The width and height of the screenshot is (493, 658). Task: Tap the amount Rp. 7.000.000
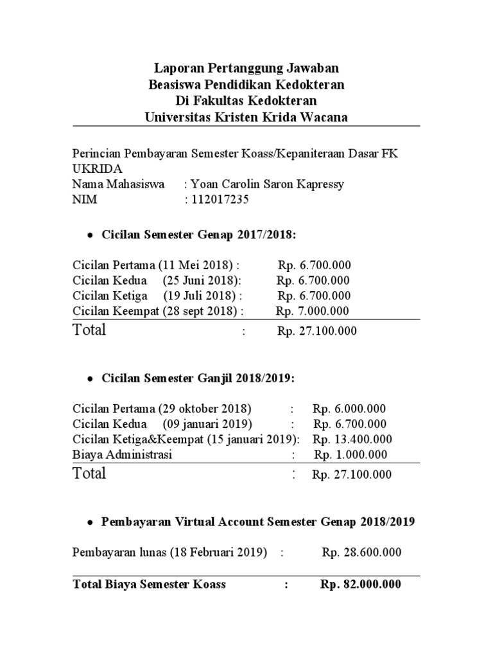(313, 311)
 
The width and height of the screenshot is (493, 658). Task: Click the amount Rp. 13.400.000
(352, 440)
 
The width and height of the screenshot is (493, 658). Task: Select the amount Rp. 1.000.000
(350, 455)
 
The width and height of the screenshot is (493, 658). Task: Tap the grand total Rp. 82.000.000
(361, 584)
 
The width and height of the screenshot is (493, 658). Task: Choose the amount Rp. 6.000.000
(350, 409)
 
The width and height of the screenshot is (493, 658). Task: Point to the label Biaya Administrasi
(123, 455)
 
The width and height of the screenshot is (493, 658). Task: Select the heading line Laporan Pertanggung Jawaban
(246, 68)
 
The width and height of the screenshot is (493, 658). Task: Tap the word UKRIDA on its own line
(96, 169)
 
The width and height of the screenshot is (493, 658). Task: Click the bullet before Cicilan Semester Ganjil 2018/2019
(90, 380)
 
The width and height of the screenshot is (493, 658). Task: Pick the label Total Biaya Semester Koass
(150, 584)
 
